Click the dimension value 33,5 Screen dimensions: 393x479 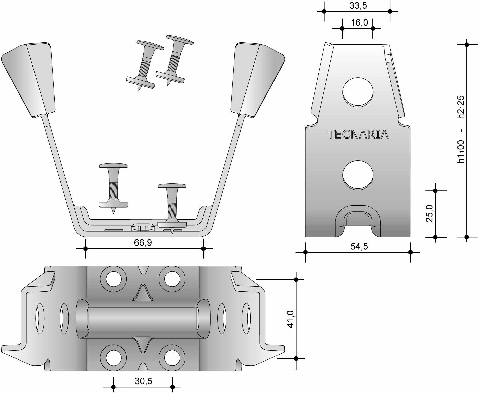point(358,6)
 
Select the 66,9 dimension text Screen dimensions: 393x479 point(143,243)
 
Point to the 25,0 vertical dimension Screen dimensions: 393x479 point(429,214)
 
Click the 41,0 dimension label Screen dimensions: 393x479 point(290,319)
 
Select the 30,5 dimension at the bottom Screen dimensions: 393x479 point(143,381)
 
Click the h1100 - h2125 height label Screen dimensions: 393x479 point(461,129)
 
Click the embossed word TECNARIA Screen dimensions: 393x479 point(357,134)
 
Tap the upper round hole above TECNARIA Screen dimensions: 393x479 point(358,91)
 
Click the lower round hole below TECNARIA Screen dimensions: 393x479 point(358,175)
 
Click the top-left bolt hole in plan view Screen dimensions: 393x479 point(113,279)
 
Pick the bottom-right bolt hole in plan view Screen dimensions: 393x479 point(172,358)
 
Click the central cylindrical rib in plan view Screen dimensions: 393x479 point(143,318)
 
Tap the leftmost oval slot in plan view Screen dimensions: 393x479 point(40,319)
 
